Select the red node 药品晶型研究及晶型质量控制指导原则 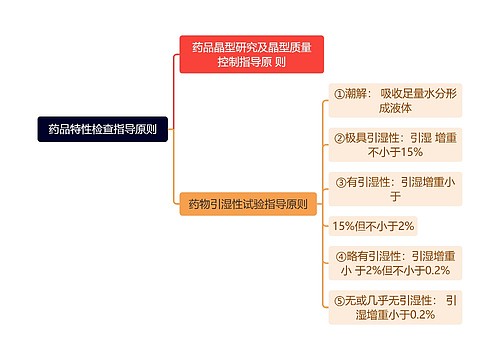[x=251, y=54]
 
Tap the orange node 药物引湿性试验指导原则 [x=248, y=204]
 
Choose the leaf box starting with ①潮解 [x=394, y=101]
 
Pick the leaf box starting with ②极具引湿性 [x=396, y=145]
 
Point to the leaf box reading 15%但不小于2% [x=373, y=226]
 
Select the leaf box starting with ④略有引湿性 [x=396, y=262]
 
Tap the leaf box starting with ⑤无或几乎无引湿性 [x=396, y=307]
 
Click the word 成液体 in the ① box [x=396, y=109]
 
